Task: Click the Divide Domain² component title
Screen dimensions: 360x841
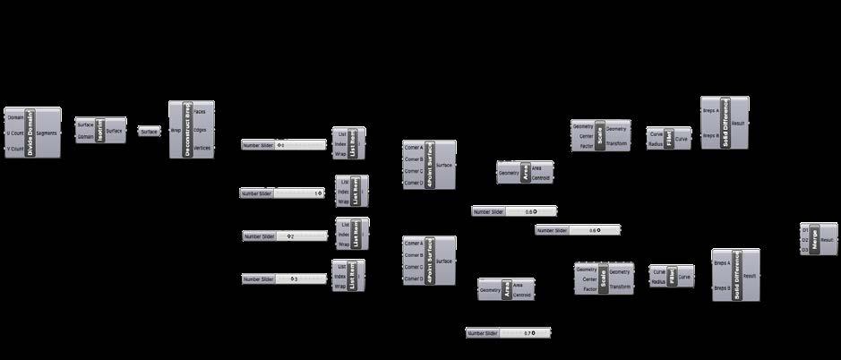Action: pyautogui.click(x=30, y=133)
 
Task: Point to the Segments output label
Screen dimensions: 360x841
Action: pyautogui.click(x=47, y=133)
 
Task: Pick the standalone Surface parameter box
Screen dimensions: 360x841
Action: pyautogui.click(x=149, y=131)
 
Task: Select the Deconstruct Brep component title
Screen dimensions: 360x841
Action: pyautogui.click(x=187, y=130)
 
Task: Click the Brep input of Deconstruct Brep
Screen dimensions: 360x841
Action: pyautogui.click(x=176, y=130)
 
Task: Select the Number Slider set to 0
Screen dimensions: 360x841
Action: pyautogui.click(x=284, y=144)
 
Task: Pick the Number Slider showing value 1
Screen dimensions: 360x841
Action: pyautogui.click(x=281, y=193)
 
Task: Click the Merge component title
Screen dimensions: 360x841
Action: pyautogui.click(x=815, y=240)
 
